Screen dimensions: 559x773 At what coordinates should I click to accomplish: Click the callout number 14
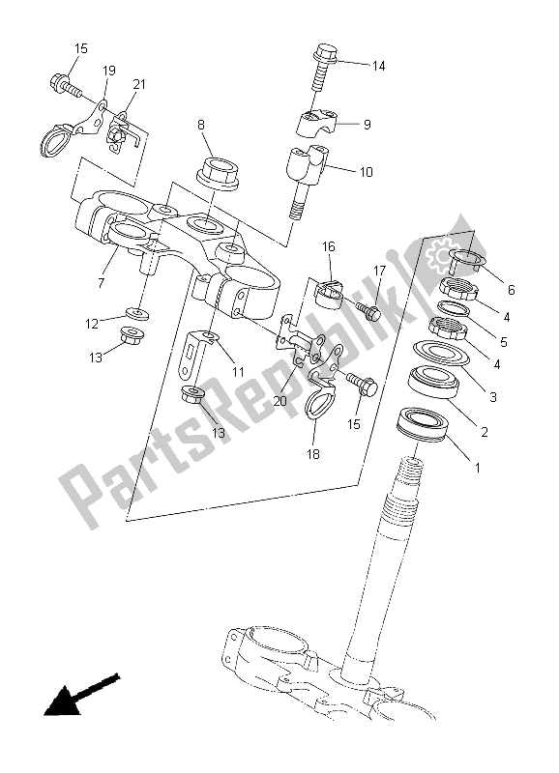[x=378, y=66]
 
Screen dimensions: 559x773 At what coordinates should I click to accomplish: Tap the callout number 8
[x=201, y=125]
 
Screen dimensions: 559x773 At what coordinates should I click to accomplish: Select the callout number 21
[x=139, y=84]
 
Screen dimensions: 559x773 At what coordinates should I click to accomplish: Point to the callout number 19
[x=109, y=71]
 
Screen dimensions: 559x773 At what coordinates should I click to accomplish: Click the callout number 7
[x=102, y=283]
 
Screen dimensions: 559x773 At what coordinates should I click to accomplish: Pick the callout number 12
[x=92, y=324]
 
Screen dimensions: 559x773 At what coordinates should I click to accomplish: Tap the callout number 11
[x=238, y=372]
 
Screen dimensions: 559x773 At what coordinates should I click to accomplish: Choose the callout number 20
[x=279, y=401]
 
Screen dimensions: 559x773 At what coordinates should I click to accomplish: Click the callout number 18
[x=313, y=454]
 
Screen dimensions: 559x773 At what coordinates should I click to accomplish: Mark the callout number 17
[x=379, y=271]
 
